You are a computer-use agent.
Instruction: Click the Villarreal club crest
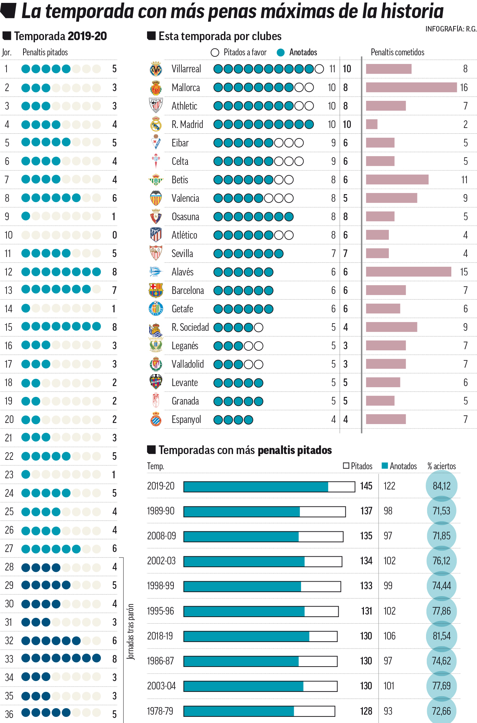(x=156, y=69)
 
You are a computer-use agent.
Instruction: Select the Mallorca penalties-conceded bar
(x=411, y=87)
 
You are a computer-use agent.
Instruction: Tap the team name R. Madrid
(x=187, y=124)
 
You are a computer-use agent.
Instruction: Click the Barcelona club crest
(x=156, y=290)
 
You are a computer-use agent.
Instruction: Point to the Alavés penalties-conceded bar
(x=408, y=272)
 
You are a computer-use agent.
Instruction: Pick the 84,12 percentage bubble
(x=442, y=486)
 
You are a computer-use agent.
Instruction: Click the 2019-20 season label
(x=160, y=486)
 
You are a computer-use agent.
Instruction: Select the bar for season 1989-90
(x=264, y=511)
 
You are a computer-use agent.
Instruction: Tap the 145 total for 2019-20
(x=366, y=486)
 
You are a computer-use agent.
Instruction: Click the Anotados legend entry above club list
(x=297, y=52)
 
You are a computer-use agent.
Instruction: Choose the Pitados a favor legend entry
(x=239, y=52)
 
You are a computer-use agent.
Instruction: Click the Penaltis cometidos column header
(x=397, y=52)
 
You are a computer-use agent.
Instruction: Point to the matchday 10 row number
(x=8, y=235)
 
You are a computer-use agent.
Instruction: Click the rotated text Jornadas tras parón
(x=131, y=631)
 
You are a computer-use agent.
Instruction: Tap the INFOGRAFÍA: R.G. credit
(x=451, y=29)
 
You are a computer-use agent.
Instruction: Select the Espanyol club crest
(x=156, y=419)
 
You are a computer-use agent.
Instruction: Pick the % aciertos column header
(x=442, y=466)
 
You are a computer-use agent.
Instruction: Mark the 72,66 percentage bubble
(x=442, y=711)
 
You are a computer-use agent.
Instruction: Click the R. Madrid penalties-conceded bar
(x=371, y=124)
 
